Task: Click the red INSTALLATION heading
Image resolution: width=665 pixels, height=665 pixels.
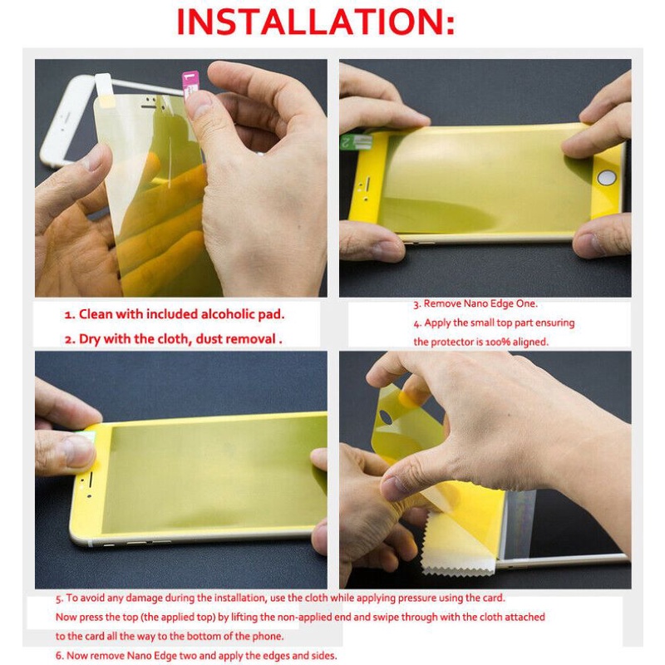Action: (x=316, y=22)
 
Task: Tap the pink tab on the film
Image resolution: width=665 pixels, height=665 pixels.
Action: (x=190, y=84)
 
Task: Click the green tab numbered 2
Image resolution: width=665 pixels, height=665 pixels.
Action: (x=357, y=141)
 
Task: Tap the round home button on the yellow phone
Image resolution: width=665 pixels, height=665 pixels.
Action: (x=607, y=177)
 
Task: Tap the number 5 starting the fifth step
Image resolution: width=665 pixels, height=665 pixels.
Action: (x=59, y=598)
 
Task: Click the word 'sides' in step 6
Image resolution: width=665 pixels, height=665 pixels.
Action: (x=323, y=656)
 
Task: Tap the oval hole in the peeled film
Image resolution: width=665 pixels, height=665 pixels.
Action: (x=386, y=417)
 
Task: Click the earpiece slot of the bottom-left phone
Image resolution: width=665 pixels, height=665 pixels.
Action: (x=91, y=479)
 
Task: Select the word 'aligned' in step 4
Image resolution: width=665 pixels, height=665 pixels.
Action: (x=530, y=342)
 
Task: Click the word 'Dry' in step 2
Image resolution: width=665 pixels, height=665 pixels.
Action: (x=89, y=339)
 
